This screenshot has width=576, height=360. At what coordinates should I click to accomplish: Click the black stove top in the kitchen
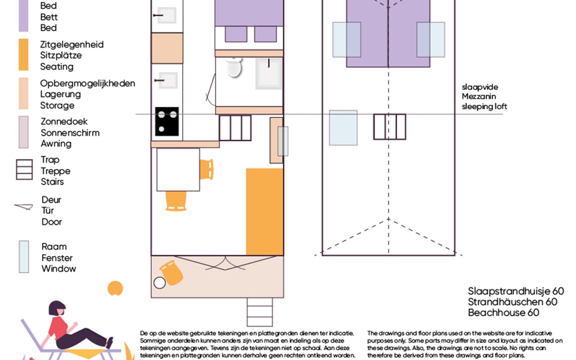click(x=167, y=121)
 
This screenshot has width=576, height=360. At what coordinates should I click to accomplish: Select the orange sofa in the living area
click(x=265, y=212)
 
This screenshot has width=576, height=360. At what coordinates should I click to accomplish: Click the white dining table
click(x=178, y=169)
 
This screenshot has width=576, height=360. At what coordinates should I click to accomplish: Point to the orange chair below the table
click(x=176, y=201)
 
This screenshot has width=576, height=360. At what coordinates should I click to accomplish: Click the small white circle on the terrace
click(x=160, y=283)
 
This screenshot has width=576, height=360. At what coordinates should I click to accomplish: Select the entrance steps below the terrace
click(x=260, y=312)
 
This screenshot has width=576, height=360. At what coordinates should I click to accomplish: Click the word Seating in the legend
click(x=57, y=67)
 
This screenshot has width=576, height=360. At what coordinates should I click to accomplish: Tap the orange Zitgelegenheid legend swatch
click(x=24, y=55)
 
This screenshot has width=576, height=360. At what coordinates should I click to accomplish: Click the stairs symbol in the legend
click(x=24, y=169)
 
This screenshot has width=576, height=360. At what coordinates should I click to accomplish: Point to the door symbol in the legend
click(x=24, y=207)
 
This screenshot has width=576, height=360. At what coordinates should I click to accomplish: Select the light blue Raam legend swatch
click(x=24, y=256)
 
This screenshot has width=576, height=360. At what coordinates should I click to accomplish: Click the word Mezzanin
click(x=479, y=96)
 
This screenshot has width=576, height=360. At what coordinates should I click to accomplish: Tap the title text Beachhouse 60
click(x=504, y=313)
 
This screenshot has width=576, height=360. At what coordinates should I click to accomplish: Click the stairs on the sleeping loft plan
click(x=390, y=127)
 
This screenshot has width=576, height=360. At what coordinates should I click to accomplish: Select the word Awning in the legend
click(x=56, y=144)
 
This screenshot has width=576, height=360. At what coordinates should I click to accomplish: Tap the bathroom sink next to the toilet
click(x=268, y=73)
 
